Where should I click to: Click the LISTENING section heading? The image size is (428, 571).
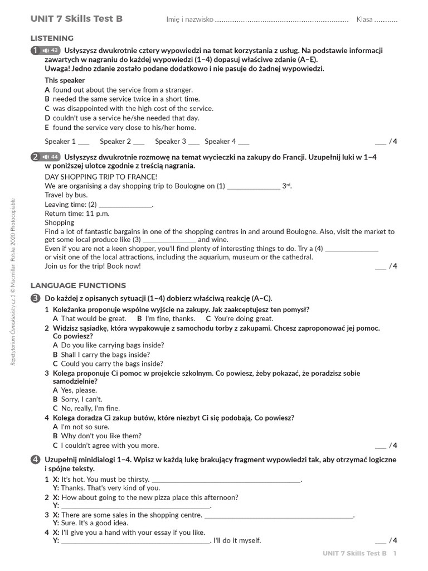(x=52, y=38)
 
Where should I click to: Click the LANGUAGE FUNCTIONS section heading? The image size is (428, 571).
(x=78, y=285)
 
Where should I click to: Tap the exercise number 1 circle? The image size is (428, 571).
(x=35, y=51)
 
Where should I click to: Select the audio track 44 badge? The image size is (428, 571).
(x=51, y=157)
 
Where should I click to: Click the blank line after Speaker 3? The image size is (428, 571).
(x=194, y=142)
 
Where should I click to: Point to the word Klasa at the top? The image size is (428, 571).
(x=364, y=20)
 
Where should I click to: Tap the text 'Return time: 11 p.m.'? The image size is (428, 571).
(x=77, y=214)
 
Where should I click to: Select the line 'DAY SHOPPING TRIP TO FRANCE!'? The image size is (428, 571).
(x=93, y=177)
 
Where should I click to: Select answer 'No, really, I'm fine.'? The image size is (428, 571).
(x=90, y=408)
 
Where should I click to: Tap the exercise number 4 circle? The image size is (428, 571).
(x=35, y=459)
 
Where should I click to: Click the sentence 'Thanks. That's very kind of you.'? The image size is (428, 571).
(x=102, y=488)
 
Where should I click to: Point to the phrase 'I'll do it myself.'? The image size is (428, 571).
(x=237, y=540)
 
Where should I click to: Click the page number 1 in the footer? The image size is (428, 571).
(x=395, y=553)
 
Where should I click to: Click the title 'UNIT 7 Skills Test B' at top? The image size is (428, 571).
(x=76, y=19)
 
